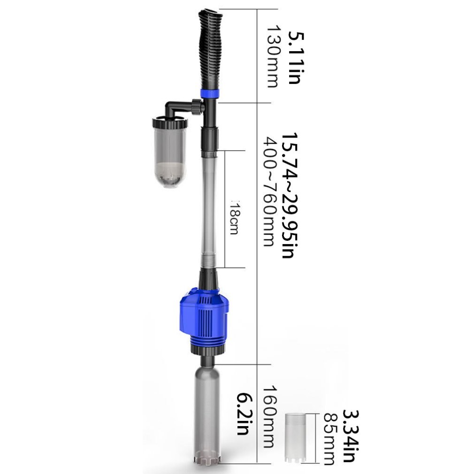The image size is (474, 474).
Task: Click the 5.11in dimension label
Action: [x=293, y=57]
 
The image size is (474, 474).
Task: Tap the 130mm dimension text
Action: [x=273, y=56]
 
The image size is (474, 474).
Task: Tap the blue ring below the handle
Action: [x=210, y=92]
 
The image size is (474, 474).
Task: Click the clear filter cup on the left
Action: [x=169, y=157]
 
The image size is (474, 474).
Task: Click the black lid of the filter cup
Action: [x=169, y=123]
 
